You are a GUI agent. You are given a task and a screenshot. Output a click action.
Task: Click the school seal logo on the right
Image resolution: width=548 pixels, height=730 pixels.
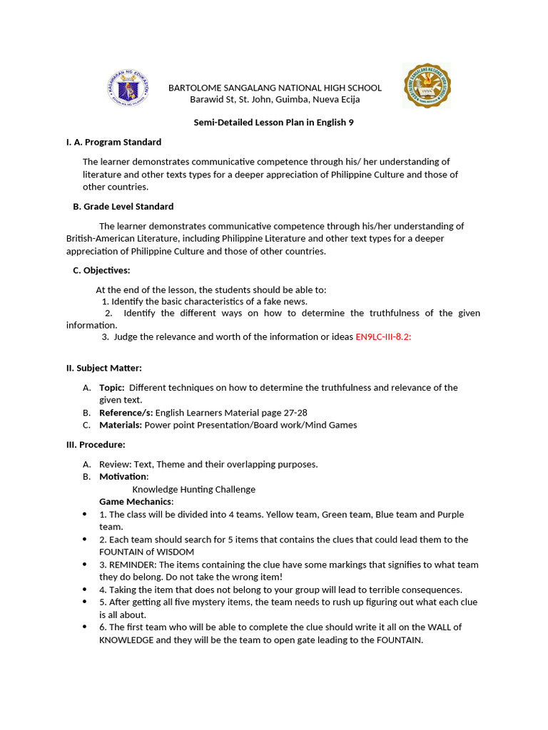[x=426, y=86]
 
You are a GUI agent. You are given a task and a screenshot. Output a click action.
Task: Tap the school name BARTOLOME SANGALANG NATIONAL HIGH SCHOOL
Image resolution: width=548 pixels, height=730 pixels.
[x=275, y=88]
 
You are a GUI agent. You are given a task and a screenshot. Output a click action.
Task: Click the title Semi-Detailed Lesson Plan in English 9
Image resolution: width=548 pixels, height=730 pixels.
[x=274, y=122]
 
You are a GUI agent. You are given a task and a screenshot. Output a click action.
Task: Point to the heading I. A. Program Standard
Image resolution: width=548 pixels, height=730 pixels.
[x=114, y=142]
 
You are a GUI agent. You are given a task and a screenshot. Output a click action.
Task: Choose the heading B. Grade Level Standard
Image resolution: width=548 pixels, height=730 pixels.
[x=123, y=206]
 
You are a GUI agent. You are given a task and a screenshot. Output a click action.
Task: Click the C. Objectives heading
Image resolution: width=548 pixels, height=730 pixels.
[x=101, y=270]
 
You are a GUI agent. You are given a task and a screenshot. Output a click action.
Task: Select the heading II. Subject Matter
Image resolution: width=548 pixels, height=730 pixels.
[x=104, y=368]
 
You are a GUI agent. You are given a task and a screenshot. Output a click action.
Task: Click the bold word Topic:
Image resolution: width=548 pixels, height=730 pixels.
[x=112, y=387]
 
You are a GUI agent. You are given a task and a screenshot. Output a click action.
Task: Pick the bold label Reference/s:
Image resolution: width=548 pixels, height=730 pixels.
[x=126, y=412]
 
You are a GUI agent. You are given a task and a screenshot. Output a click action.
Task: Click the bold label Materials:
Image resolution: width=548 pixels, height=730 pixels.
[x=121, y=425]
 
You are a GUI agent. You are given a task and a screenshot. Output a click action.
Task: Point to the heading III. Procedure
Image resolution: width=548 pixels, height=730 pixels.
[x=96, y=444]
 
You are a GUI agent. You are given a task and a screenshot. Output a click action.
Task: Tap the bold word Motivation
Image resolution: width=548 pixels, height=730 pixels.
[x=123, y=476]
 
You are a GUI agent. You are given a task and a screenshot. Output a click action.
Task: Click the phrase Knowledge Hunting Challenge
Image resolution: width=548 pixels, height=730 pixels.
[x=193, y=489]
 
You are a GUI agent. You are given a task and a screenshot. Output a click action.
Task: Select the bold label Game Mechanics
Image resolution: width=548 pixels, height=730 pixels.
[x=136, y=501]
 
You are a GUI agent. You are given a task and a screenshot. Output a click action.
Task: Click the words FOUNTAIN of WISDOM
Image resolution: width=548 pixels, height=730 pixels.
[x=146, y=552]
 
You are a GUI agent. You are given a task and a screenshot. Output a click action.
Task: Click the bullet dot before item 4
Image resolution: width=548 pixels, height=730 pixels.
[x=86, y=590]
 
